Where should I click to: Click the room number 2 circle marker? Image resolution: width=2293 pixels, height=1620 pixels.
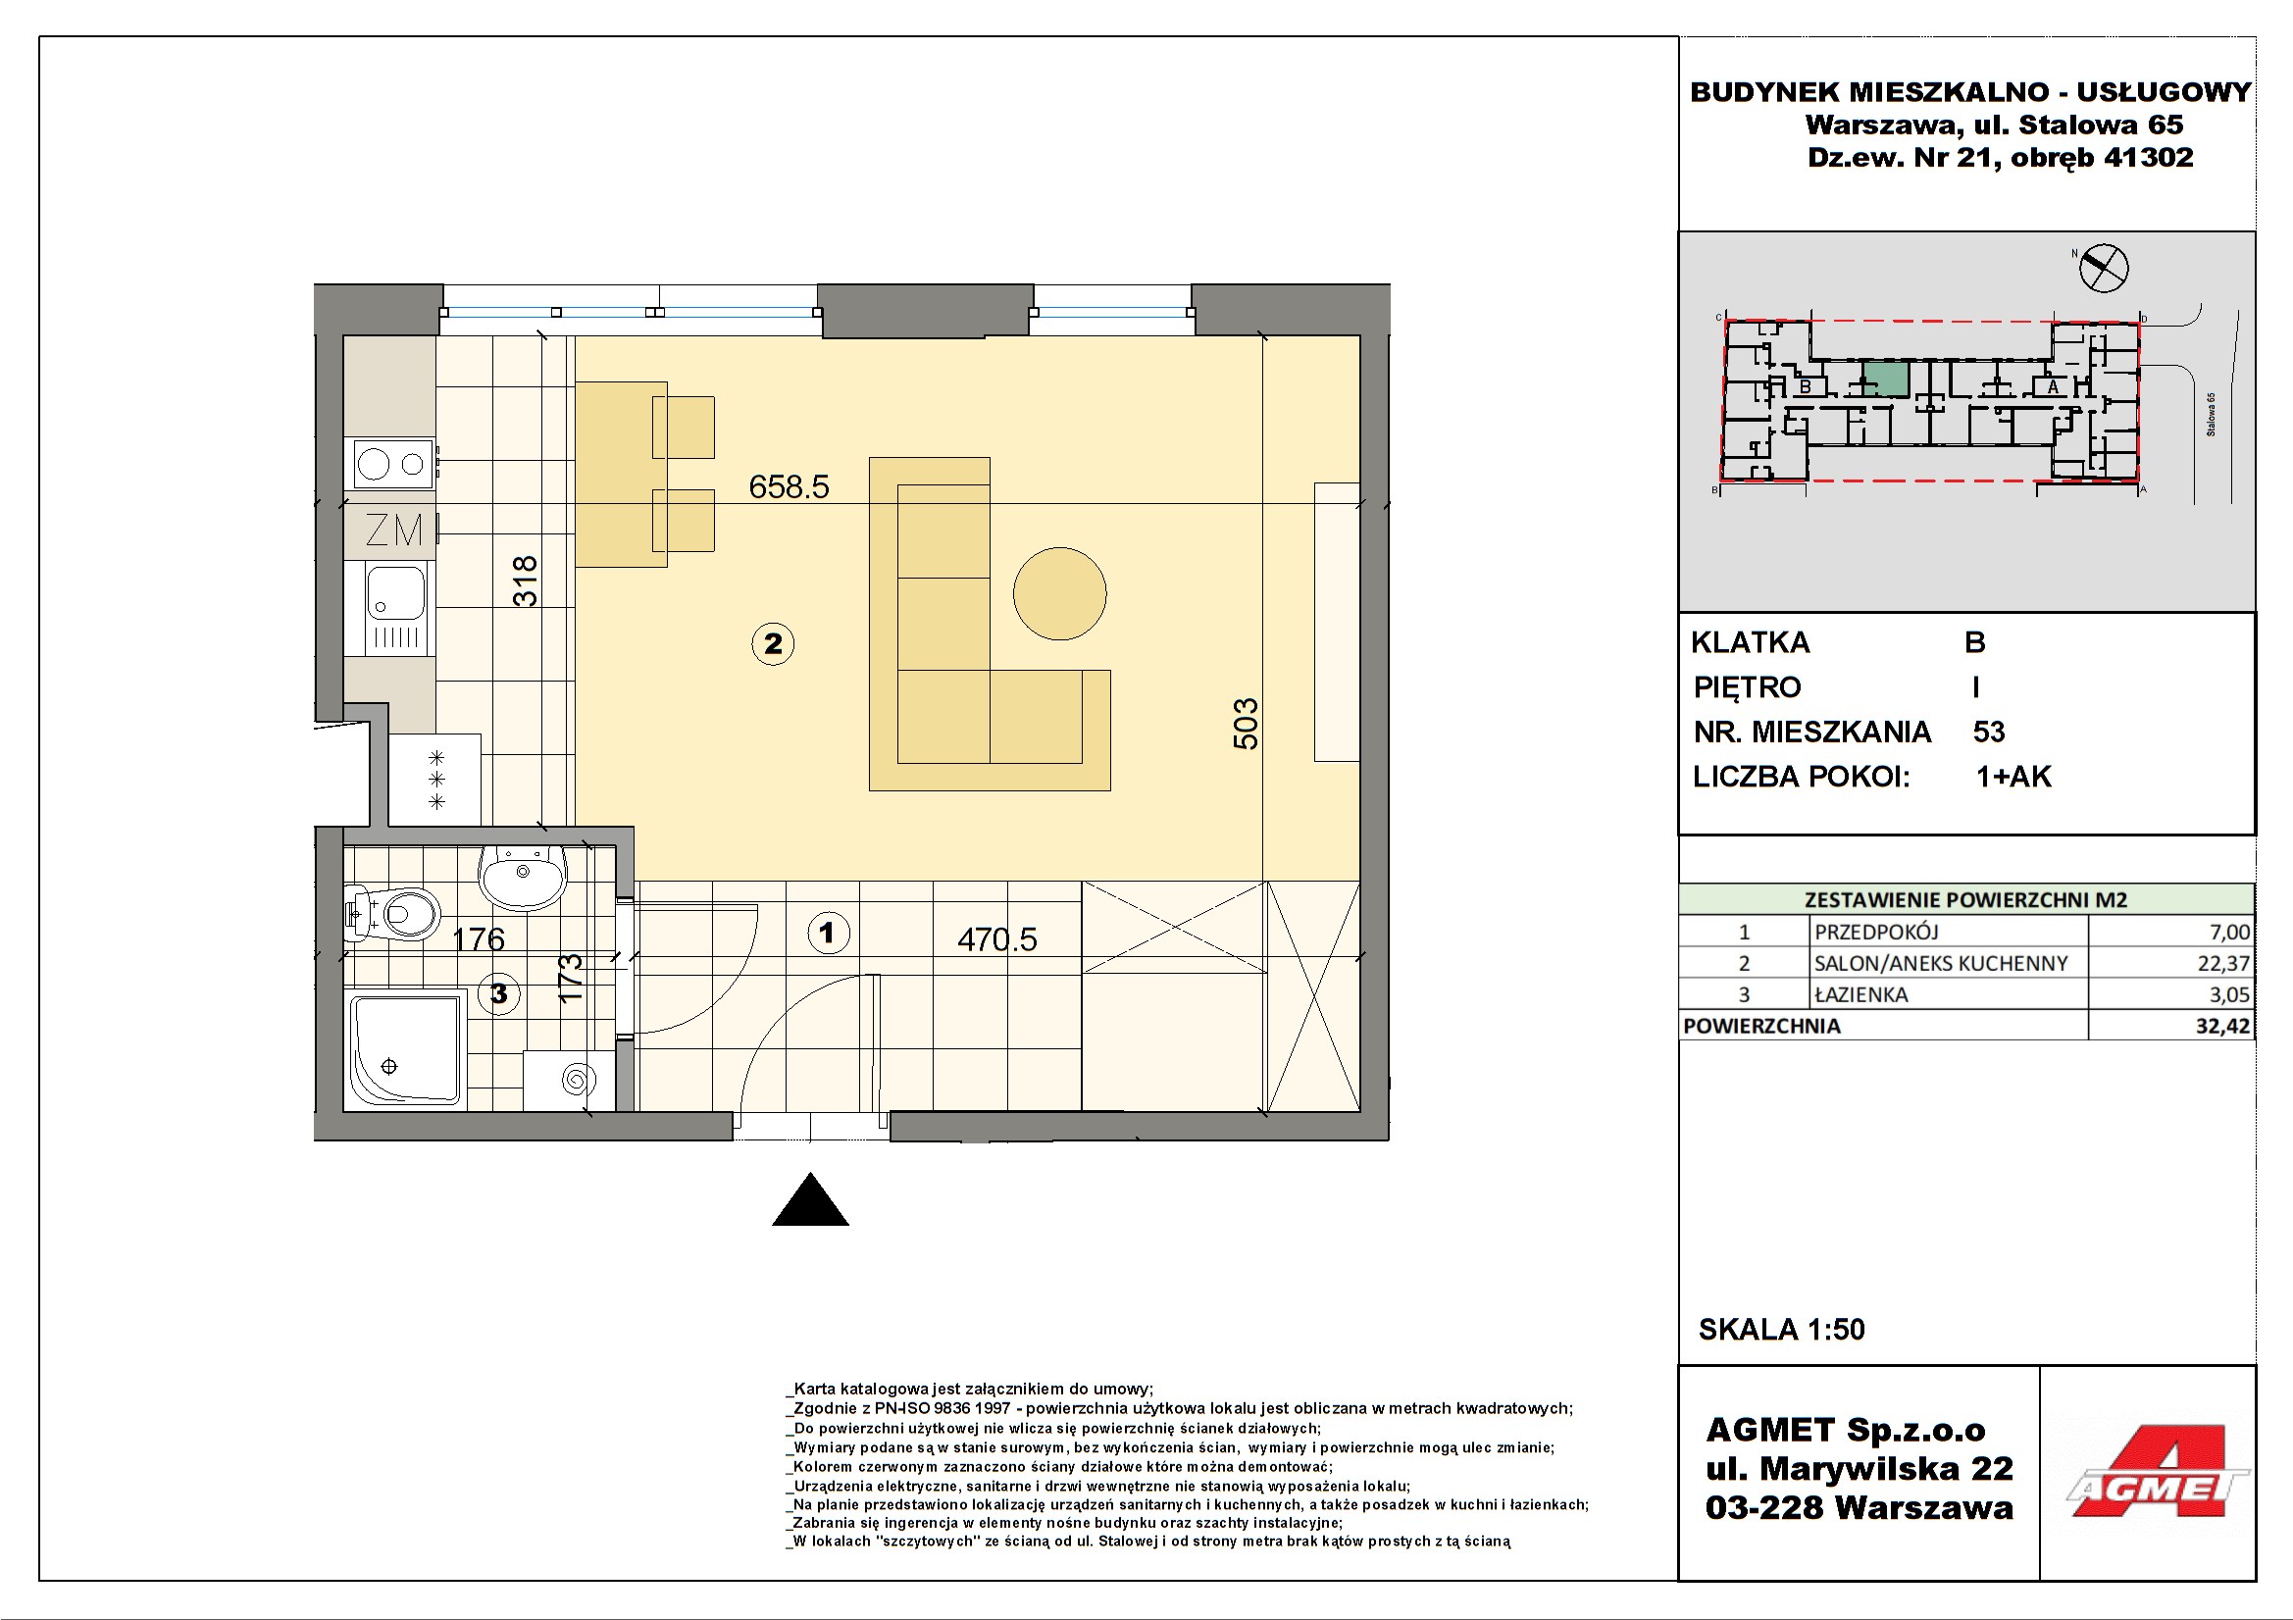click(773, 644)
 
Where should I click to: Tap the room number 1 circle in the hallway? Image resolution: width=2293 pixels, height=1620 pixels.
click(828, 934)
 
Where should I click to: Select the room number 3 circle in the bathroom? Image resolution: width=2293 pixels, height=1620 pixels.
click(498, 993)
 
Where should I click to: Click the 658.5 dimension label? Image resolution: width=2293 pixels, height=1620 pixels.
click(789, 486)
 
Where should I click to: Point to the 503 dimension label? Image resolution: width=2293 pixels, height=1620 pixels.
click(1246, 723)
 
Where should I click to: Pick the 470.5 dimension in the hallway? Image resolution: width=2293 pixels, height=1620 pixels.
click(996, 938)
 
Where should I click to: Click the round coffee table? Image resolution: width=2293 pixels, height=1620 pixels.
click(1059, 593)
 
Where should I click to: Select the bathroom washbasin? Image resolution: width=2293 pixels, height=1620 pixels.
click(523, 877)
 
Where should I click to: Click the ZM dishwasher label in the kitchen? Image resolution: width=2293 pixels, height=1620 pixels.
click(393, 531)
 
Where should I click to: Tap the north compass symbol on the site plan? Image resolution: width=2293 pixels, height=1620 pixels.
click(2103, 268)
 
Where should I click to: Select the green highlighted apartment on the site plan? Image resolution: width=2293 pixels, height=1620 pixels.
click(1886, 379)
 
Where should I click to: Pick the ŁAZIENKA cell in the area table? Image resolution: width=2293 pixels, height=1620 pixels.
click(1861, 993)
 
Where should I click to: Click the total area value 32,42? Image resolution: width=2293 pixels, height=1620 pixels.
click(2222, 1026)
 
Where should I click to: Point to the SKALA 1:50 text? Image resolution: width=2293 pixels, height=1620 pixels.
click(1782, 1330)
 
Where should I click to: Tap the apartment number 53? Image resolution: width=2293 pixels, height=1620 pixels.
click(1988, 733)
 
